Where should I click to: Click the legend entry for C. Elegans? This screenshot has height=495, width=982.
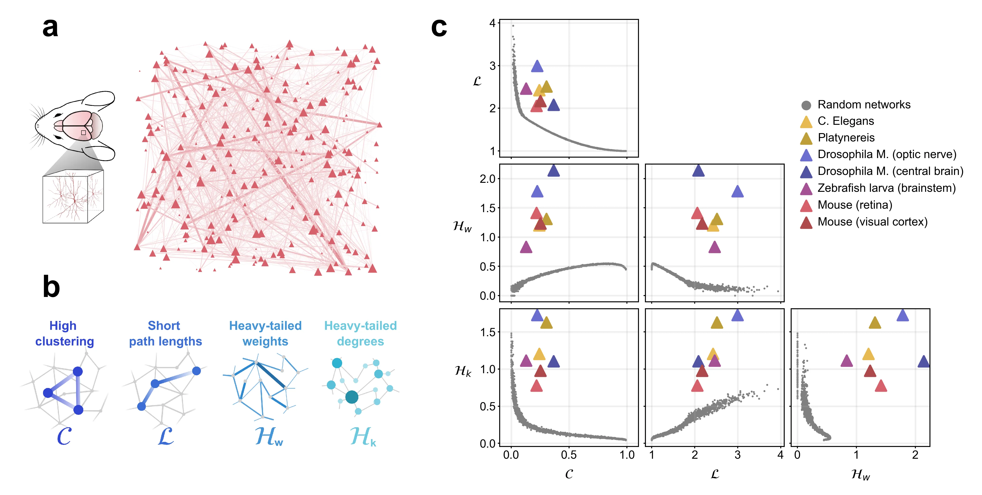(846, 121)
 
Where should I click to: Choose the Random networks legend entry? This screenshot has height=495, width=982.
(864, 105)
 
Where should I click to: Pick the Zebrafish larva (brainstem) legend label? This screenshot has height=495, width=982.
(886, 188)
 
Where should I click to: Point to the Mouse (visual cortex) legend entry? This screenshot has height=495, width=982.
(872, 222)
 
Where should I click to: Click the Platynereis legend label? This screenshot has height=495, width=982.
(846, 138)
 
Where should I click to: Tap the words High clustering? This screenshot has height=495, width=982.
(64, 333)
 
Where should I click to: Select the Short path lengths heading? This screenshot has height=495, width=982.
(165, 333)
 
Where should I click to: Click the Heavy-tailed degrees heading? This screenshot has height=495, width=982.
(360, 333)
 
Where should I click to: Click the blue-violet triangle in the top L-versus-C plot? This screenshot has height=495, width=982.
(537, 67)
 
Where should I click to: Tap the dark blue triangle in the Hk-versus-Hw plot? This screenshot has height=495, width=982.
(923, 362)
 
